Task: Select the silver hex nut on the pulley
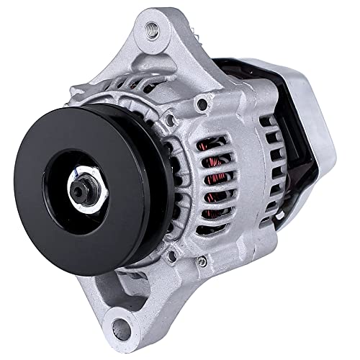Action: pos(78,188)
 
